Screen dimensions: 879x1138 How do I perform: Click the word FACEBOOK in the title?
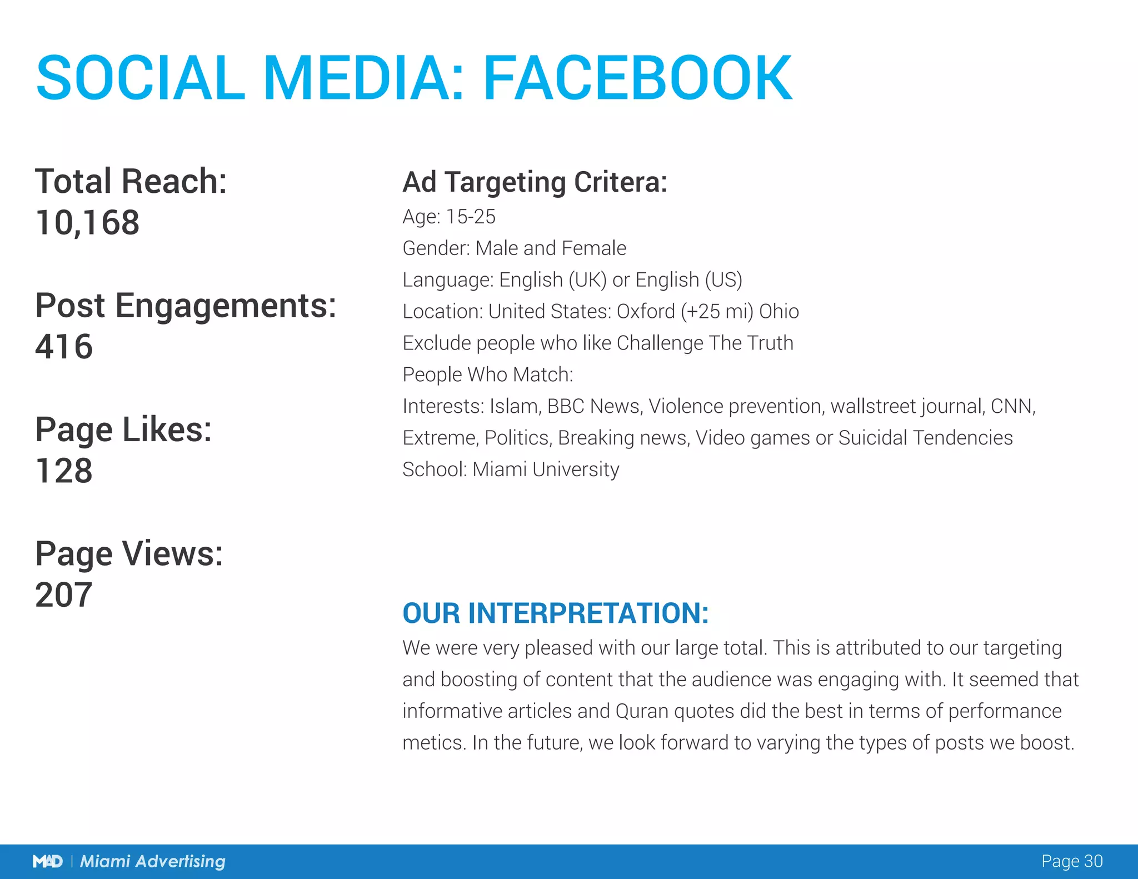click(637, 78)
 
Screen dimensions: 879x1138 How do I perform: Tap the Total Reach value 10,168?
click(87, 223)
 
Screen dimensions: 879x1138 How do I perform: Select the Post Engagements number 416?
click(64, 347)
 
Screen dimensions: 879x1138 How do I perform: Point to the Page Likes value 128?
click(64, 471)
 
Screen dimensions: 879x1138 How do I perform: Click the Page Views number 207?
click(64, 595)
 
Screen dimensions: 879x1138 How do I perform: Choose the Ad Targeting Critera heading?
click(535, 182)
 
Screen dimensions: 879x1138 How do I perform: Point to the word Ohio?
click(779, 312)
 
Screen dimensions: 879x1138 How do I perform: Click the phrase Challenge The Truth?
click(705, 343)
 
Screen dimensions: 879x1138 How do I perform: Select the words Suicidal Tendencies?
click(925, 438)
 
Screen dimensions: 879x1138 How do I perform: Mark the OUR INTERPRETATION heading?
click(555, 613)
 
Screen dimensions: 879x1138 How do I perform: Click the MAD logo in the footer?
click(48, 862)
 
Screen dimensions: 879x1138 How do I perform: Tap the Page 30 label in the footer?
click(1071, 861)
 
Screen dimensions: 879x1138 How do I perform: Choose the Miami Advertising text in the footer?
click(153, 862)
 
